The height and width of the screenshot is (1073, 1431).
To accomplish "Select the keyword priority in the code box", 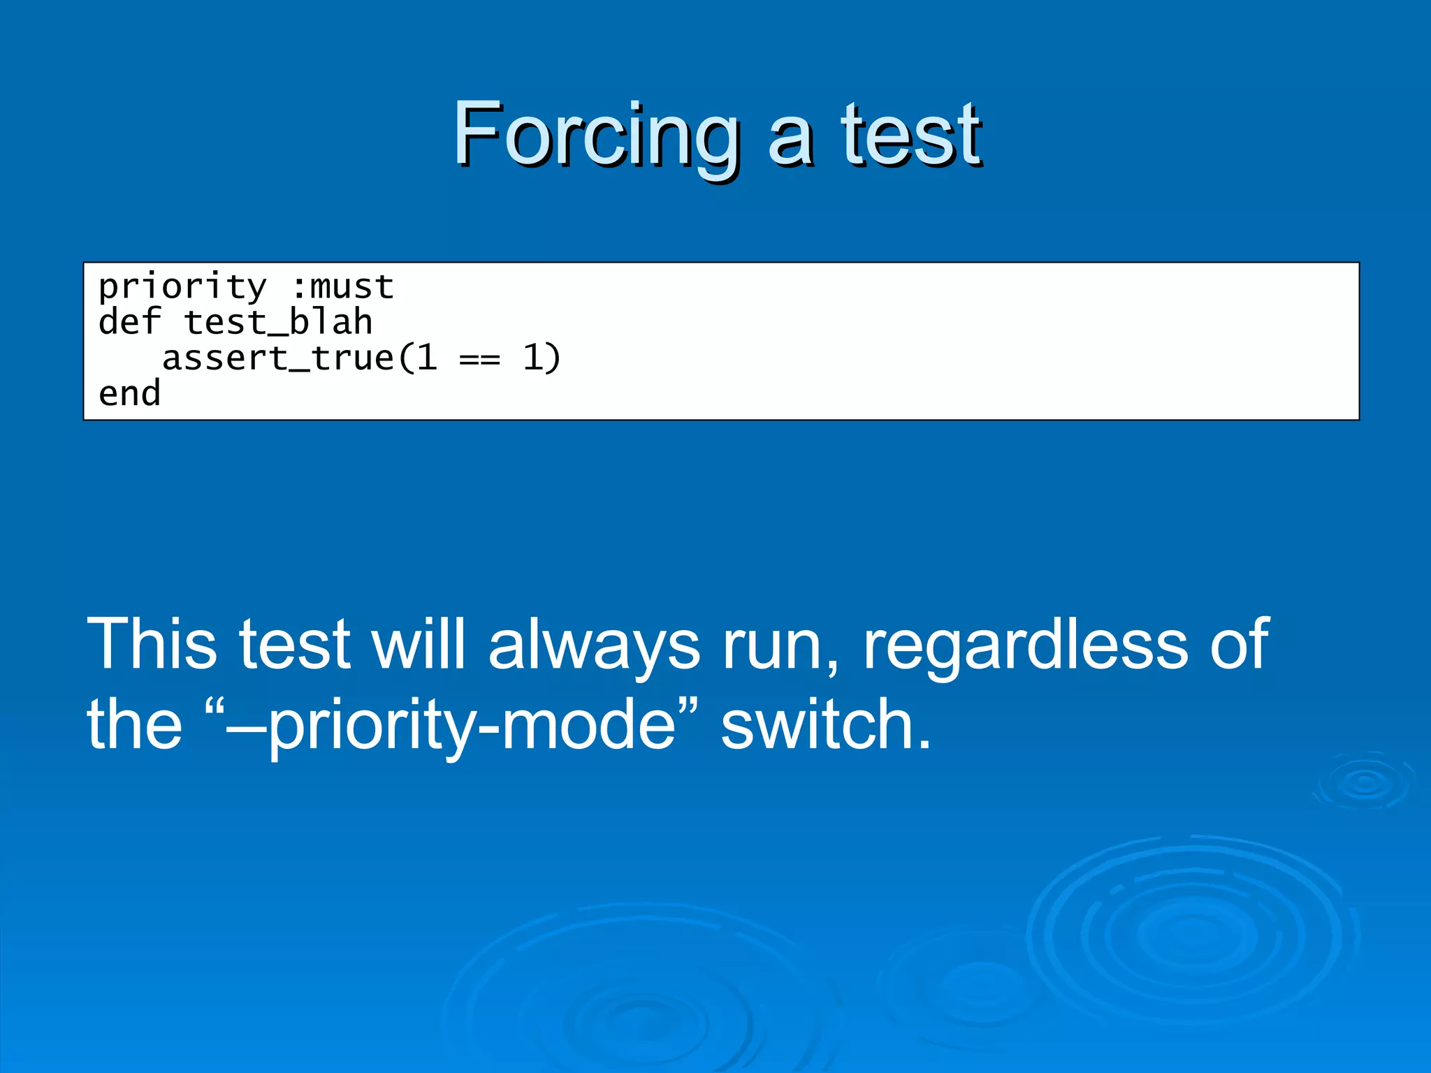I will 182,287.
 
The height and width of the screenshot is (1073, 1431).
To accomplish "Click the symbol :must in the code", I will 342,287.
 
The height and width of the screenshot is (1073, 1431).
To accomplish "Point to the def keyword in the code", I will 130,323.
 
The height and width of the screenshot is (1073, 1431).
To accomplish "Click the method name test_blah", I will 278,323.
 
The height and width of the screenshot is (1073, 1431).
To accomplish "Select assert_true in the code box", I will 278,358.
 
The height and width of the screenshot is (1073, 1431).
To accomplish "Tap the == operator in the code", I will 479,358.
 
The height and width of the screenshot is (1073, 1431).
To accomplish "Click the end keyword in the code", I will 130,394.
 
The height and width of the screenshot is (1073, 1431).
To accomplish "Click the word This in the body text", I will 152,644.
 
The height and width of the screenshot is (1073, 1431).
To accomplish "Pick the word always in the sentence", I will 593,644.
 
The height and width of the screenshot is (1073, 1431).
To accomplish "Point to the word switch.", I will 825,724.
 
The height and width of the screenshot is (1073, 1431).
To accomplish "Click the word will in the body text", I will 418,644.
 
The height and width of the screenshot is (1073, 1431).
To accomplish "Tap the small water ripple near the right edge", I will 1365,782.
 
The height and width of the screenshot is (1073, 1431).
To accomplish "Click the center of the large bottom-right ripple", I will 1192,936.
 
